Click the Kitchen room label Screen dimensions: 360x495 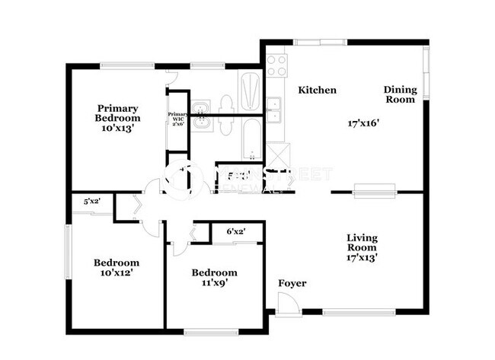click(x=317, y=90)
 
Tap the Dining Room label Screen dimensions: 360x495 click(x=399, y=94)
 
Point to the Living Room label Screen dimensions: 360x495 click(x=362, y=243)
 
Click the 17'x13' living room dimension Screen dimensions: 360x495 click(x=362, y=257)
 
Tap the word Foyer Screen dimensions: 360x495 click(x=292, y=283)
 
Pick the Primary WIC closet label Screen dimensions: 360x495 click(x=177, y=118)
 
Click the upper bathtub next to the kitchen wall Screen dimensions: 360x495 click(x=250, y=92)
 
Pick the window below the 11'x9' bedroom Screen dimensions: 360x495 click(x=208, y=330)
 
